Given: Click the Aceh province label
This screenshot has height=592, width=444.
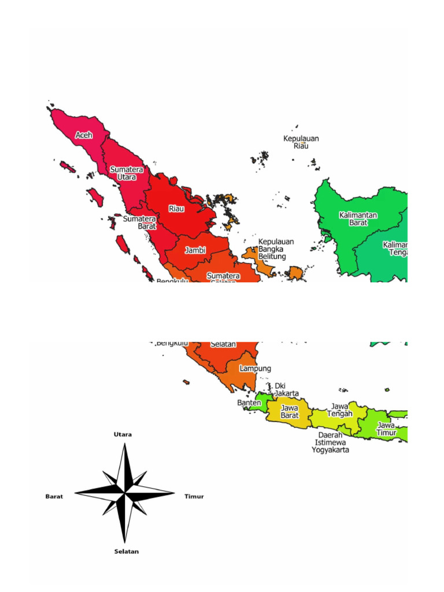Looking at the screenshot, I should click(84, 135).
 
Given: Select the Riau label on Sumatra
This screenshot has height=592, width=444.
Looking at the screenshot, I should click(176, 209).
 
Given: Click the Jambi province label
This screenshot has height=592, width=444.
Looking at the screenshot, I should click(195, 250).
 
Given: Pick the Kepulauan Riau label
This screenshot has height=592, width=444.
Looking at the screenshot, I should click(301, 142).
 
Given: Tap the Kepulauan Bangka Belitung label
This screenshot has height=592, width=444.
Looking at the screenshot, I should click(276, 249).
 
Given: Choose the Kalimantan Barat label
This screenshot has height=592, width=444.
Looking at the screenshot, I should click(358, 219).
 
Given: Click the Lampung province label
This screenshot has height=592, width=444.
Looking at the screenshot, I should click(256, 368).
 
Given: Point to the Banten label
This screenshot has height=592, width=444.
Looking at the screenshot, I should click(249, 402).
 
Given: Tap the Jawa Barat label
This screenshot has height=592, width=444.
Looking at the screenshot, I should click(289, 411).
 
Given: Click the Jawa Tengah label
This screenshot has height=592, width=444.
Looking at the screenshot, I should click(340, 410).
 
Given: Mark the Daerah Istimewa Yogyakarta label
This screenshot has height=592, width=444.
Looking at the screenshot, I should click(330, 442).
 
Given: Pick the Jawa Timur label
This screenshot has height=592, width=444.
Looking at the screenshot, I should click(386, 428).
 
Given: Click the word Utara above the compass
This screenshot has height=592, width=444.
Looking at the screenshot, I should click(123, 434).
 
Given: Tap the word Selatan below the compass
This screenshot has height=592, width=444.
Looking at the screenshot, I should click(127, 552).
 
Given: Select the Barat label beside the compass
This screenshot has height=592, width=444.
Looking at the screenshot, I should click(54, 496).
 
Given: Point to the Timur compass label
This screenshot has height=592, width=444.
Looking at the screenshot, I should click(194, 496).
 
